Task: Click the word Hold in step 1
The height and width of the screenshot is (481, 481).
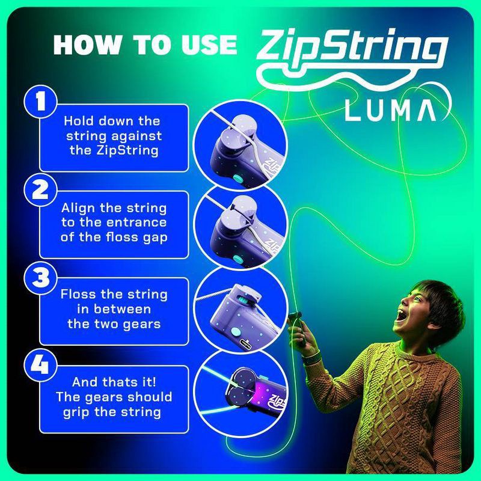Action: [x=80, y=121]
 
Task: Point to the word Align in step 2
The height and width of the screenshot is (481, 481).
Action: [x=79, y=208]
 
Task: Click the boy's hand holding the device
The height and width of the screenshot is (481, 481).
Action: [x=297, y=329]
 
